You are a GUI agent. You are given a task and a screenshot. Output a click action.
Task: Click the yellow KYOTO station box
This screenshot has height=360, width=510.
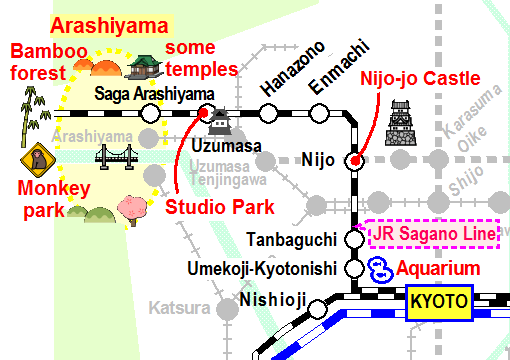coord(438,300)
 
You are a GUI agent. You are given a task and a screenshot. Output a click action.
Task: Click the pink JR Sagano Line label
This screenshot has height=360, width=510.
coord(433,235)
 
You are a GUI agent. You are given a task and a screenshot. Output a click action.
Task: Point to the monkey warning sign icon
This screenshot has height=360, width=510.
coord(37,160)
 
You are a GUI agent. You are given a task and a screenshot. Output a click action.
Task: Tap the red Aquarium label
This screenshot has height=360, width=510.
coord(438,268)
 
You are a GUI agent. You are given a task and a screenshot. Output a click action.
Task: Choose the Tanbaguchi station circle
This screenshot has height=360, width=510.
coord(354,239)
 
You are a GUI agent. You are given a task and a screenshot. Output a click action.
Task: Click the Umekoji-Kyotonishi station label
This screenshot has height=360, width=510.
coord(264,269)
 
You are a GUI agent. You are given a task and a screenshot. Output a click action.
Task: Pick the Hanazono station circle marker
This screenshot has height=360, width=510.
coord(269,113)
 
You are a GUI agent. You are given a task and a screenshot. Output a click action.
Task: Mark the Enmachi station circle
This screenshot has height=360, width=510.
coord(319,113)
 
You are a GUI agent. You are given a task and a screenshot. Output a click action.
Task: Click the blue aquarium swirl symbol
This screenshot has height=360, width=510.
coord(380,269)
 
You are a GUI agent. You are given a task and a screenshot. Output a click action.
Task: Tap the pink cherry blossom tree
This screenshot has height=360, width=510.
coord(132,209)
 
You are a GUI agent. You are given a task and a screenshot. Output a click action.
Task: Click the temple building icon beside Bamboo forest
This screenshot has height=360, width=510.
coord(145,66)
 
